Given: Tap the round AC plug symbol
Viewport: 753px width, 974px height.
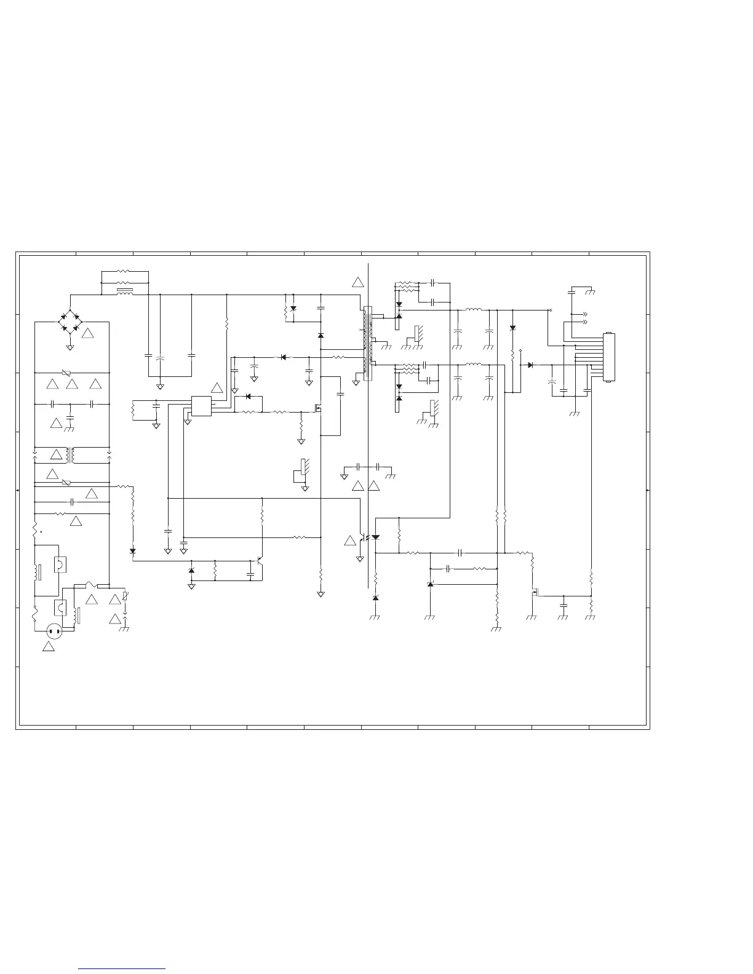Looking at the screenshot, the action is (54, 630).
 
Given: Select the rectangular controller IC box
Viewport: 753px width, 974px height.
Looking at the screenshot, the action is (201, 406).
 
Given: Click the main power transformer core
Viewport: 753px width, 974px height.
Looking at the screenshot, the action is (368, 344).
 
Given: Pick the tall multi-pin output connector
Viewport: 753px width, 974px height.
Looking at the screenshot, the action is (609, 357).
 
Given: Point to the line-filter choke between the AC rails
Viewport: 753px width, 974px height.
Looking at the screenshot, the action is (72, 456).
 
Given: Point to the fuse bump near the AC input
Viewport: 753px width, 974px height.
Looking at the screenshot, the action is (90, 584).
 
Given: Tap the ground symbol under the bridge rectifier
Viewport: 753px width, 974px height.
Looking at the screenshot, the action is (70, 348).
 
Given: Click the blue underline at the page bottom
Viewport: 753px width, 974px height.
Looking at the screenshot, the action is (122, 969).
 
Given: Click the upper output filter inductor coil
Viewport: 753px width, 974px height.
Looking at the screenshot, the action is (473, 310).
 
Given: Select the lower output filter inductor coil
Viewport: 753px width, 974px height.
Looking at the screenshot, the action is (473, 365).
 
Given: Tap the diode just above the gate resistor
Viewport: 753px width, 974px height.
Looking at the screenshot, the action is (249, 397).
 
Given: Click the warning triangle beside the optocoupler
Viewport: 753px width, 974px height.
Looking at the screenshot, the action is (350, 540).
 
